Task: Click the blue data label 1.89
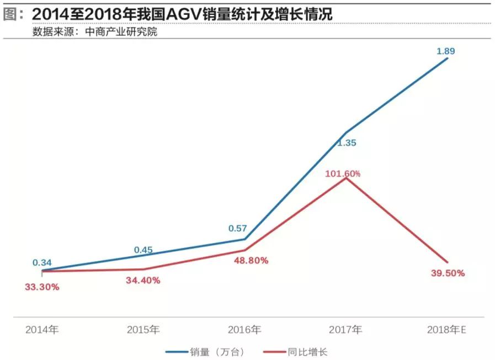(x=445, y=51)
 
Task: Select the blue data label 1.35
(x=347, y=142)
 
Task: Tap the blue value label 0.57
(x=238, y=228)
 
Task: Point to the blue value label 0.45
(x=143, y=250)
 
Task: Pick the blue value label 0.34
(x=42, y=262)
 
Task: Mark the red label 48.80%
(x=249, y=260)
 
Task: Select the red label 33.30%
(x=41, y=287)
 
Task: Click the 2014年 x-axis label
(x=42, y=330)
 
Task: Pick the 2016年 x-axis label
(x=244, y=330)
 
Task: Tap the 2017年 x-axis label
(x=345, y=330)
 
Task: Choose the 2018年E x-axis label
(x=446, y=330)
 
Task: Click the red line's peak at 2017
(x=346, y=178)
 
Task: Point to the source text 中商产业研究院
(x=121, y=31)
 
